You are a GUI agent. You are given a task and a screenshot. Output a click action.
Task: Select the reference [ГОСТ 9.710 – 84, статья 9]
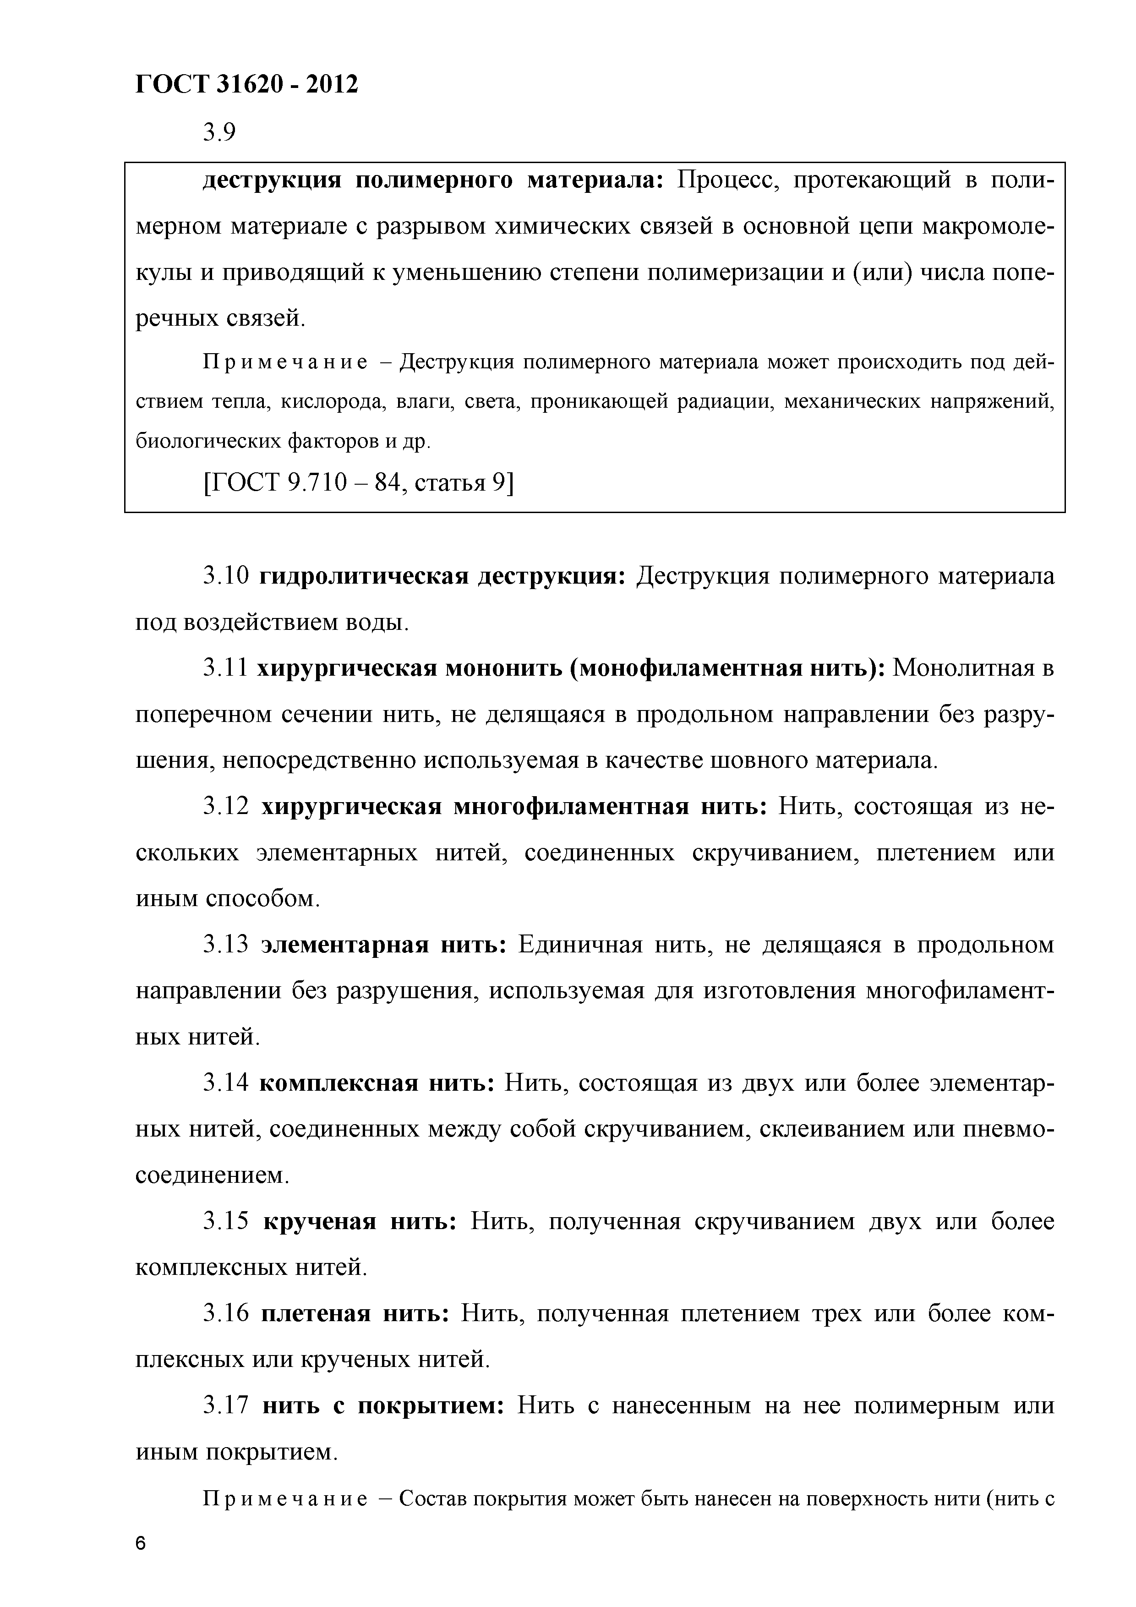point(358,482)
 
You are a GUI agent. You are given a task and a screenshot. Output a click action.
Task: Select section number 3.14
point(225,1083)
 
